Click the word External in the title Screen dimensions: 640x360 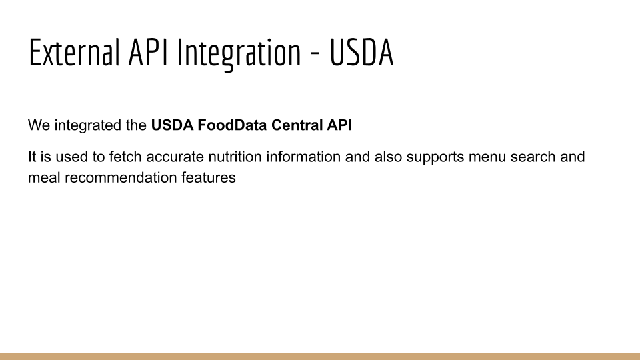coord(74,52)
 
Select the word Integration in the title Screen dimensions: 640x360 coord(239,55)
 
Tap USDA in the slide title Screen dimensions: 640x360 coord(361,52)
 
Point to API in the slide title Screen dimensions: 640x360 coord(148,52)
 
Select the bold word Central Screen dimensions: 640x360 coord(297,125)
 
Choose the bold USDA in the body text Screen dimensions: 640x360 coord(172,125)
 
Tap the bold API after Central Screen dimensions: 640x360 coord(339,125)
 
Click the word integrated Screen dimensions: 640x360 coord(88,125)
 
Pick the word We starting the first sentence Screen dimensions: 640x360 coord(39,125)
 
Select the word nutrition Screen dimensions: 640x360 coord(235,157)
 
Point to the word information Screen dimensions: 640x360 coord(303,157)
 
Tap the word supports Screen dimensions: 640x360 coord(435,158)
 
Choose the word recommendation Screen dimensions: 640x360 coord(121,177)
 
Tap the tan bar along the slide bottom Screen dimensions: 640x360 coord(320,357)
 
